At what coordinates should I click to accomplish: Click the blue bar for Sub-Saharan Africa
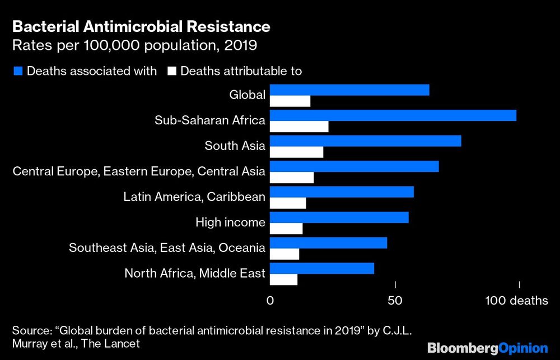393,115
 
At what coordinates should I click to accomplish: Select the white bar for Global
290,101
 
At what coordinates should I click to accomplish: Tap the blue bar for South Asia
366,141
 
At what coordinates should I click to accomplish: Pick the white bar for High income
286,228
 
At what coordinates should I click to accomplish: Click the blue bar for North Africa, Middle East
322,268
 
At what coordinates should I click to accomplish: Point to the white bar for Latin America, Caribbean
288,203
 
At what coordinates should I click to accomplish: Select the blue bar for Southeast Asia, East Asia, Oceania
329,242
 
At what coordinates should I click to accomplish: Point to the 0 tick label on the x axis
270,301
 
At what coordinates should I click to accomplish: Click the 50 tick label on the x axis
395,301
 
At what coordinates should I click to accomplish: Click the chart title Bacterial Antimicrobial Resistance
141,26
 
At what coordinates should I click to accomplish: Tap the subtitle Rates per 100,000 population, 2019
134,45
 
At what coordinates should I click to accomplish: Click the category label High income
230,222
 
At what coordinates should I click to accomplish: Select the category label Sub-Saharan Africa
210,120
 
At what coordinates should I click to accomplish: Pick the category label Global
247,95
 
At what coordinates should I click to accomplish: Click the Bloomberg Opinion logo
487,348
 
